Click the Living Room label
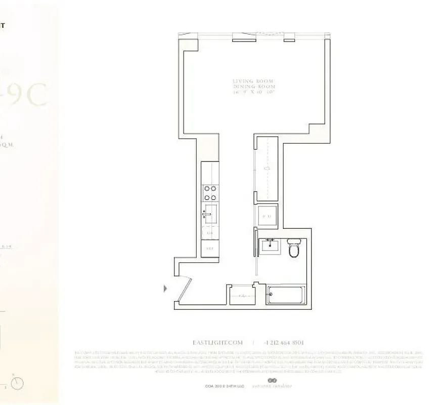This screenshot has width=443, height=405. pos(253,81)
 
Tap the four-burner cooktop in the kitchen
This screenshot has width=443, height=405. pos(210,193)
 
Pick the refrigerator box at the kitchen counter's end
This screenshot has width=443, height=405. pos(210,249)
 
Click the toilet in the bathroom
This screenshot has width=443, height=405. pos(294,249)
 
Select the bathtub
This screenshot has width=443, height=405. pos(286,294)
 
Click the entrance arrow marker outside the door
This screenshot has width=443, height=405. pos(165,289)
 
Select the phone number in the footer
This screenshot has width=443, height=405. pos(284,343)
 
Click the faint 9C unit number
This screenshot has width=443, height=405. pos(30,94)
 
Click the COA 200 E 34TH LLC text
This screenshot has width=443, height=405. pos(225,386)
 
